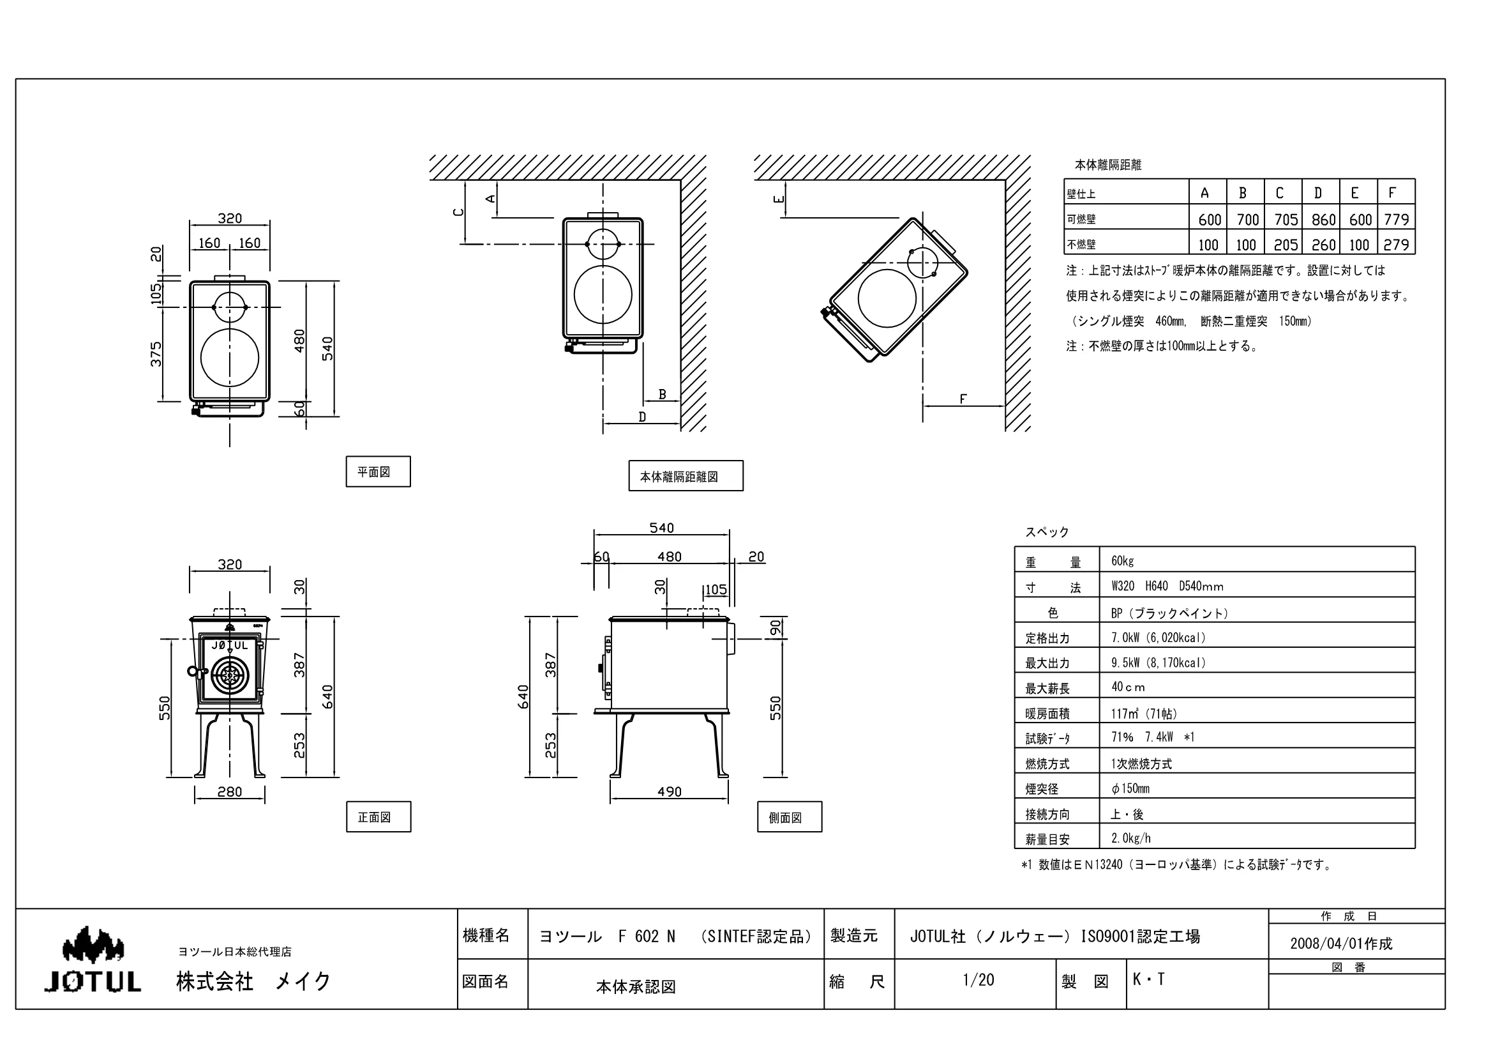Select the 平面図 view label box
tap(378, 471)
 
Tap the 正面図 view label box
tap(379, 816)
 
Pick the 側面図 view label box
tap(790, 816)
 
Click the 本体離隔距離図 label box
tap(686, 477)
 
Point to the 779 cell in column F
tap(1397, 219)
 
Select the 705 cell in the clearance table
tap(1286, 219)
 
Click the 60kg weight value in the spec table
tap(1122, 560)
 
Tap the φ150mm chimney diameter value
tap(1130, 788)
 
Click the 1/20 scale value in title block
tap(978, 980)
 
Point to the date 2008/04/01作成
tap(1341, 944)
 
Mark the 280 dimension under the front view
tap(230, 792)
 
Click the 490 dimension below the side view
tap(669, 792)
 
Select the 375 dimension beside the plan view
tap(156, 354)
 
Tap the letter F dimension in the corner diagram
tap(963, 399)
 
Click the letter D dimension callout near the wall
tap(643, 417)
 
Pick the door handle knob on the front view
tap(193, 671)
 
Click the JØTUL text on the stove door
tap(230, 645)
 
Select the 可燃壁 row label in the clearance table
tap(1081, 219)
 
